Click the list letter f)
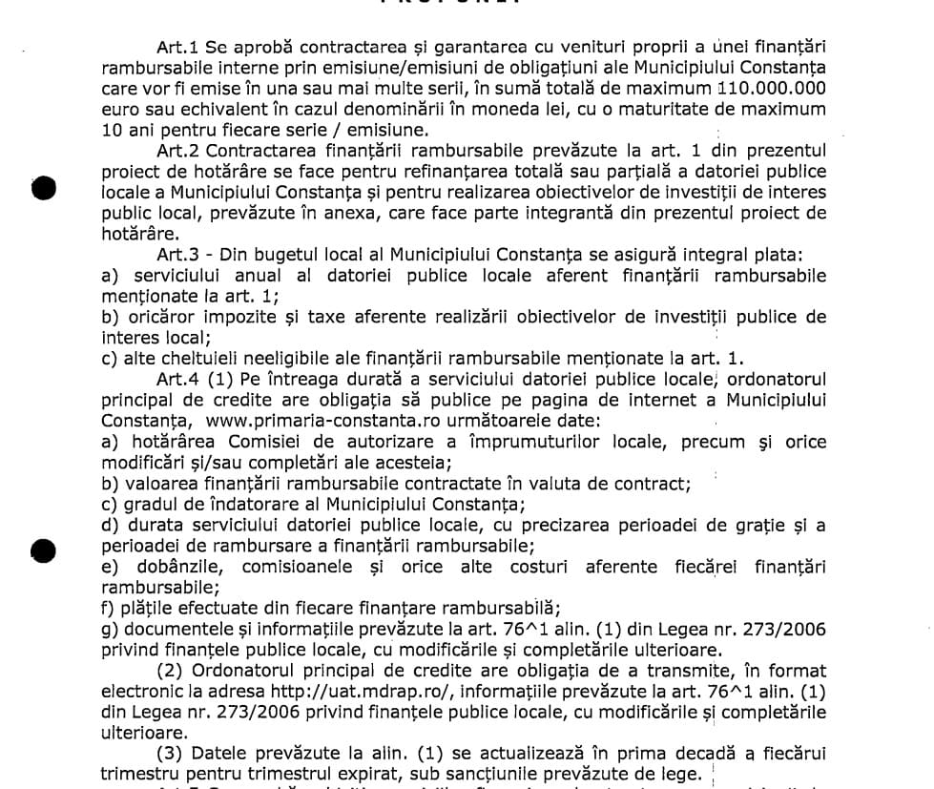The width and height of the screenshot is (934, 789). click(109, 609)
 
